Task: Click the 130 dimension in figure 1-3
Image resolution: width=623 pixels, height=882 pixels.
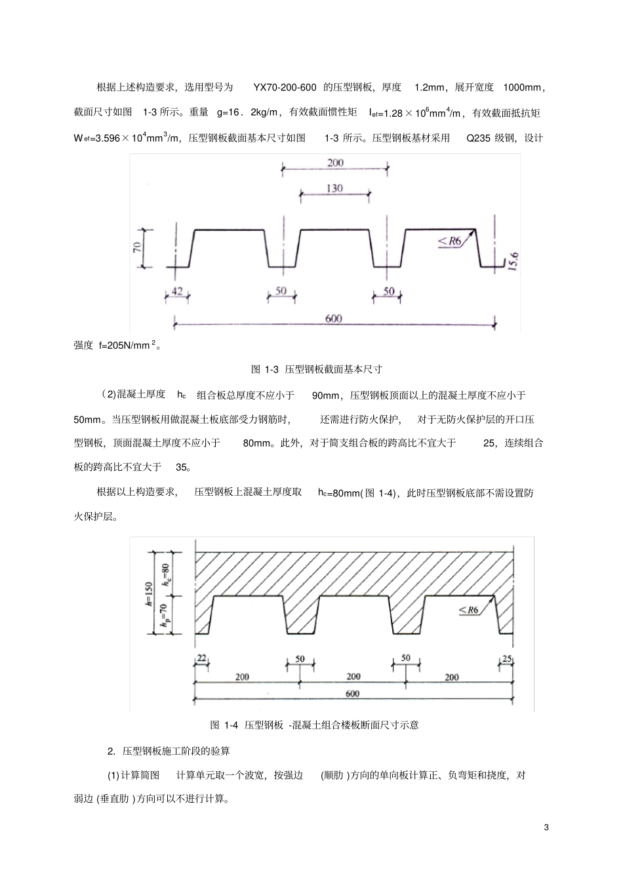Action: [x=334, y=188]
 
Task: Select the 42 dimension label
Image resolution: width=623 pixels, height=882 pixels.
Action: [x=177, y=291]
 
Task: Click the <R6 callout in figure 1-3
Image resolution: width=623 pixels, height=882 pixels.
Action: [x=451, y=241]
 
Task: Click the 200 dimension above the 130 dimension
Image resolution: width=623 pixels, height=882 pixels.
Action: [x=334, y=163]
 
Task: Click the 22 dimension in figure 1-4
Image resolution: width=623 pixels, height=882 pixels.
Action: [x=201, y=658]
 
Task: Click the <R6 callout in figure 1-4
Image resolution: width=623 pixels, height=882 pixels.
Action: [x=469, y=610]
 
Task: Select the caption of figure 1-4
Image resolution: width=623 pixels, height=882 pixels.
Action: [x=314, y=725]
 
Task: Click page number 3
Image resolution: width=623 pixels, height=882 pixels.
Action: [x=546, y=827]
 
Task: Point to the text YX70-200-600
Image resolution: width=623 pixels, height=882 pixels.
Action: [x=285, y=88]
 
